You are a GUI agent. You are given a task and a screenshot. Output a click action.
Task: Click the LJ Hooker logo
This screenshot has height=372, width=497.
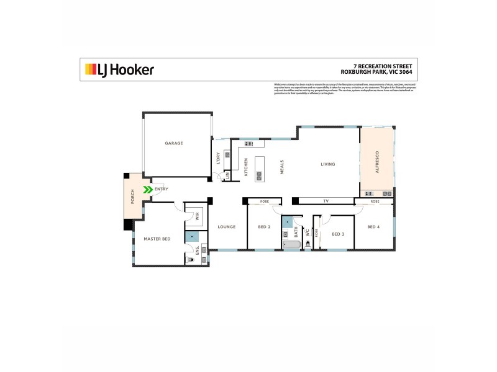coord(119,70)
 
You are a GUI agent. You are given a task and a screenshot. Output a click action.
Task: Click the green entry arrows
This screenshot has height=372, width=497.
coord(148,189)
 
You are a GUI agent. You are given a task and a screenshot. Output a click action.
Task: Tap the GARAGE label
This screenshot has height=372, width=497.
coord(174,143)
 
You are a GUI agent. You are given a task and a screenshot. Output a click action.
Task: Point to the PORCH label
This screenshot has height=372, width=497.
coord(132,197)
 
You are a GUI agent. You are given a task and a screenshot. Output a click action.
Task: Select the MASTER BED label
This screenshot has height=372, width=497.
coord(157,239)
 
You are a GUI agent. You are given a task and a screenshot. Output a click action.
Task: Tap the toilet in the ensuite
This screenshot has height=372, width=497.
coord(191,261)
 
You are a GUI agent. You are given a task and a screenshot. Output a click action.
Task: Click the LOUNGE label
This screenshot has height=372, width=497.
coord(226,227)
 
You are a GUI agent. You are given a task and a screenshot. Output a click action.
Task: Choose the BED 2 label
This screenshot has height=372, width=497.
coord(264,227)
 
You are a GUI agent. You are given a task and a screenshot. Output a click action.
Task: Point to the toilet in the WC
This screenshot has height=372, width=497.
coord(308,246)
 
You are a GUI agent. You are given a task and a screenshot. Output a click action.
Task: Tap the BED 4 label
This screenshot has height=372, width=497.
coord(373,227)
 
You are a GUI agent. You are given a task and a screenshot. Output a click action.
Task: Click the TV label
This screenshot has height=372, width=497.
coord(326,201)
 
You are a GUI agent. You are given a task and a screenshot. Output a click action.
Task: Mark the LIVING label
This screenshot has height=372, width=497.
coord(327,164)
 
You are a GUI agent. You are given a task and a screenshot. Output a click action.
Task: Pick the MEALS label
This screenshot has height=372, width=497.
coord(282,166)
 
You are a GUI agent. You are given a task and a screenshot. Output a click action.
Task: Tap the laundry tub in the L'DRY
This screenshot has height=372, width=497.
coord(227,154)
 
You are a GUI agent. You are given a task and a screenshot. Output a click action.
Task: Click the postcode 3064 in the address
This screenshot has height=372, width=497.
coord(406,71)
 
